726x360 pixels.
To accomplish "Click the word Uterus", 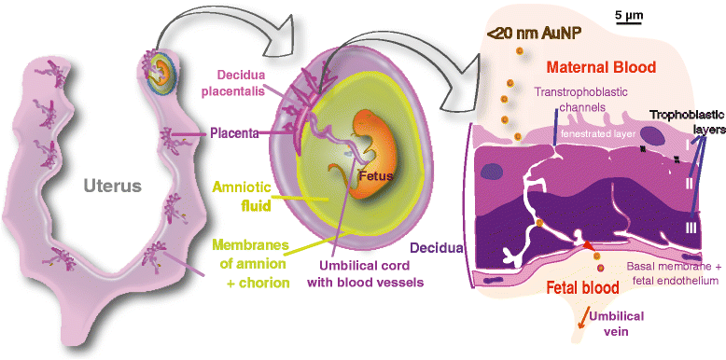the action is pyautogui.click(x=113, y=186).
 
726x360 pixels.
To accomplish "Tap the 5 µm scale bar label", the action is pyautogui.click(x=629, y=15).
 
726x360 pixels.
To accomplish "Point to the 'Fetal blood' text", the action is pyautogui.click(x=583, y=288).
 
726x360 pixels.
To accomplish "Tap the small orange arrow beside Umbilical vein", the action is pyautogui.click(x=587, y=319).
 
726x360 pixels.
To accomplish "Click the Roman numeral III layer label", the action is pyautogui.click(x=691, y=228).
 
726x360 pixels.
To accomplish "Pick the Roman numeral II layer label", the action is pyautogui.click(x=689, y=183).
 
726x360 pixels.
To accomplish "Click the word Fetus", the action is pyautogui.click(x=376, y=176).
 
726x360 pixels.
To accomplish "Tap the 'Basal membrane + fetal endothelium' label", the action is pyautogui.click(x=673, y=273).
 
